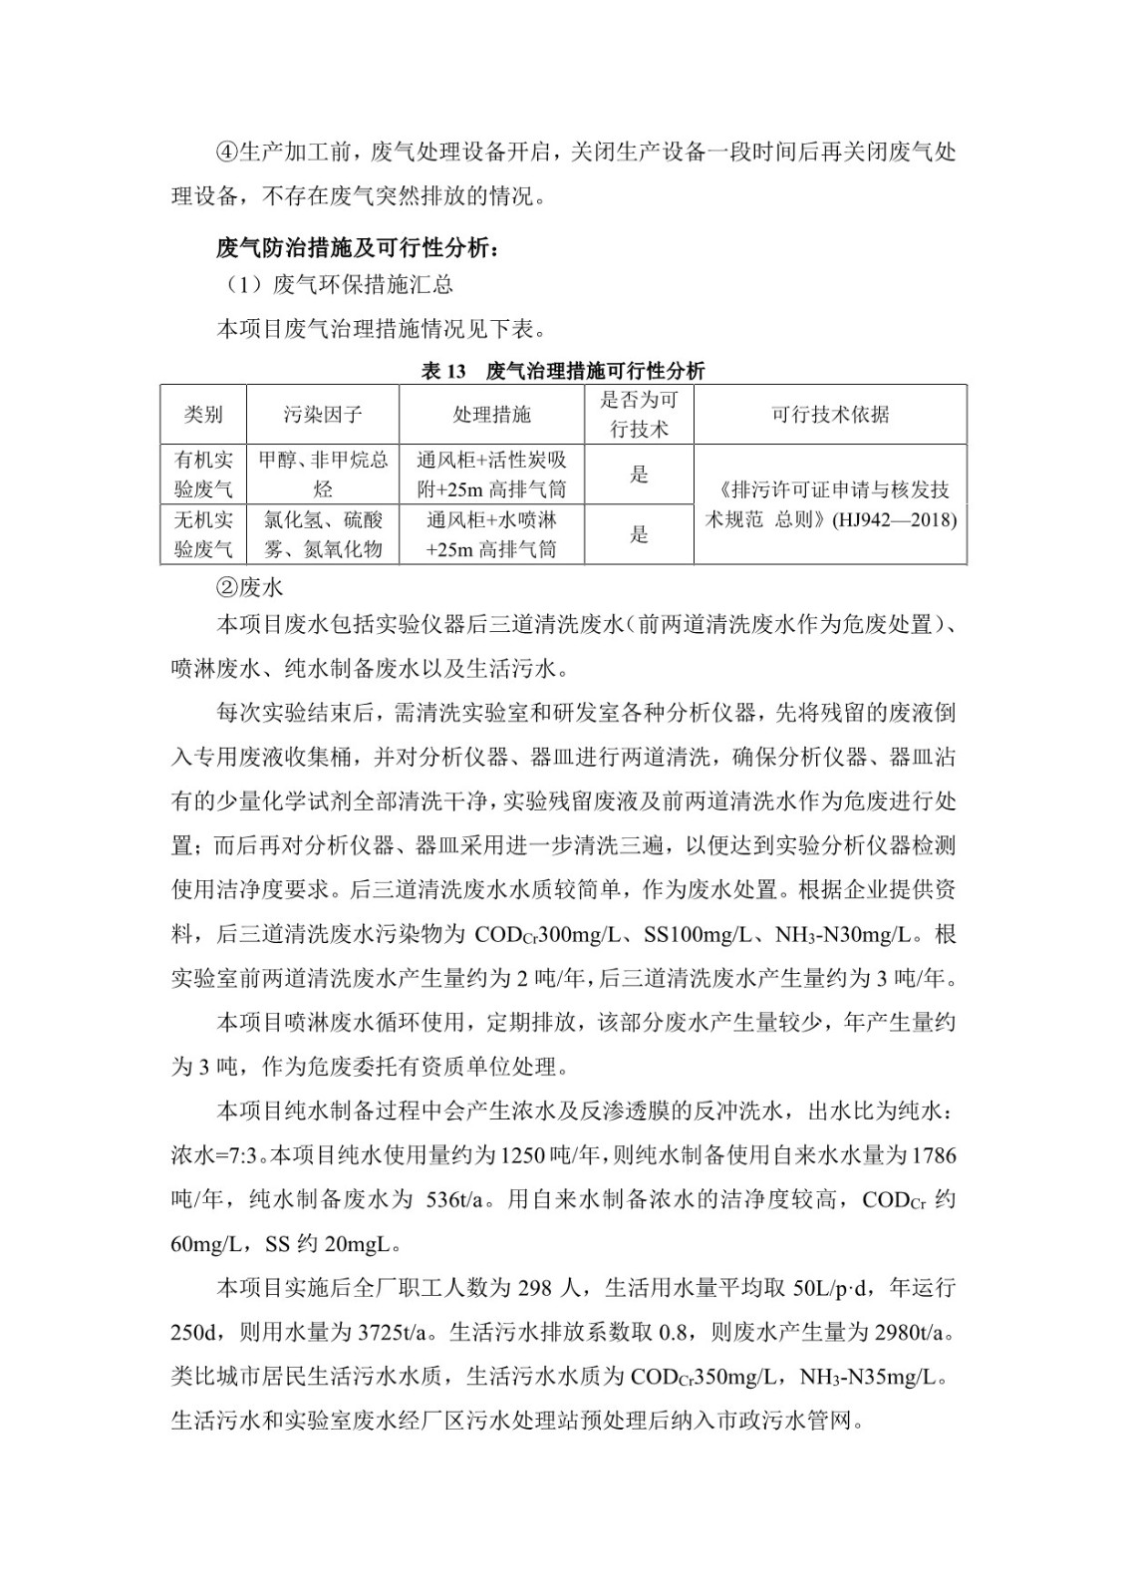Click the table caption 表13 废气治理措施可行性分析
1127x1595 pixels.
(563, 372)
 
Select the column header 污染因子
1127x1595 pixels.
(323, 415)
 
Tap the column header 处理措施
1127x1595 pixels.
(491, 415)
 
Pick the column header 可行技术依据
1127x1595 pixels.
(830, 415)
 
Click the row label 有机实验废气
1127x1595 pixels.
(203, 475)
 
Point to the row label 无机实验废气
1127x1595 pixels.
(203, 534)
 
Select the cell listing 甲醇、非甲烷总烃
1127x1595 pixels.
(323, 475)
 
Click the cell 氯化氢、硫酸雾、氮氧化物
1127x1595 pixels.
(323, 534)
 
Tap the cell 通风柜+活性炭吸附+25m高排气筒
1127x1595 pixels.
(491, 475)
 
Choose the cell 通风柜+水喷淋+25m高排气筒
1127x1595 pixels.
(491, 534)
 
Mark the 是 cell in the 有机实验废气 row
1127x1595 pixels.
(639, 475)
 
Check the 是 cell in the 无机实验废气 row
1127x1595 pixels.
(639, 534)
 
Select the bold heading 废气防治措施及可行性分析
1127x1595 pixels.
(358, 248)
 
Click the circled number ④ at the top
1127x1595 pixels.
(226, 153)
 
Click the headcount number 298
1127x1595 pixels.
(539, 1287)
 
